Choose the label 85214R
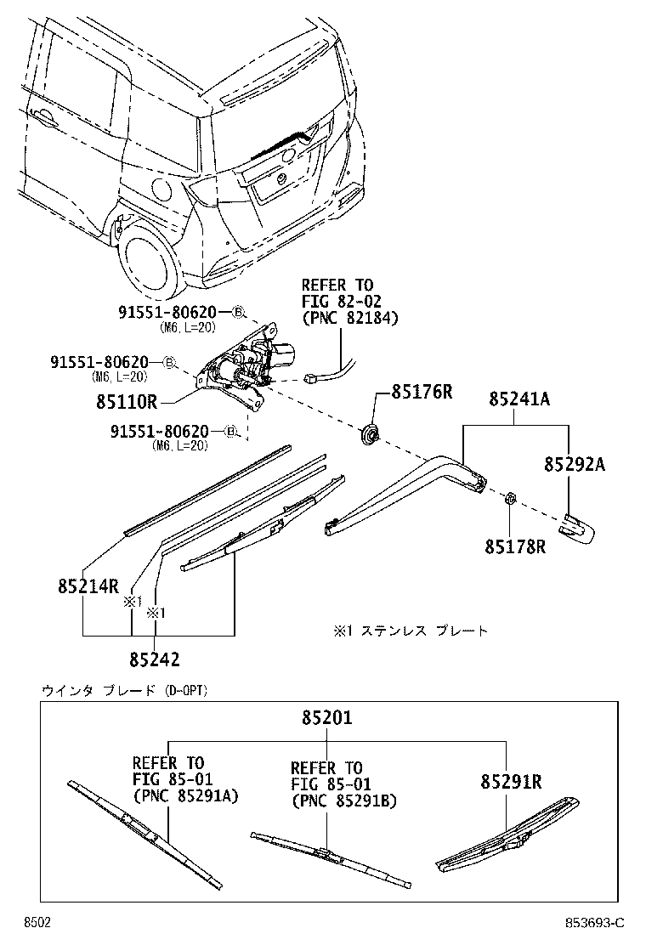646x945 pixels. [x=88, y=586]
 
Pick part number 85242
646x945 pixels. [x=155, y=659]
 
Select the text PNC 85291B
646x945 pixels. [x=343, y=801]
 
